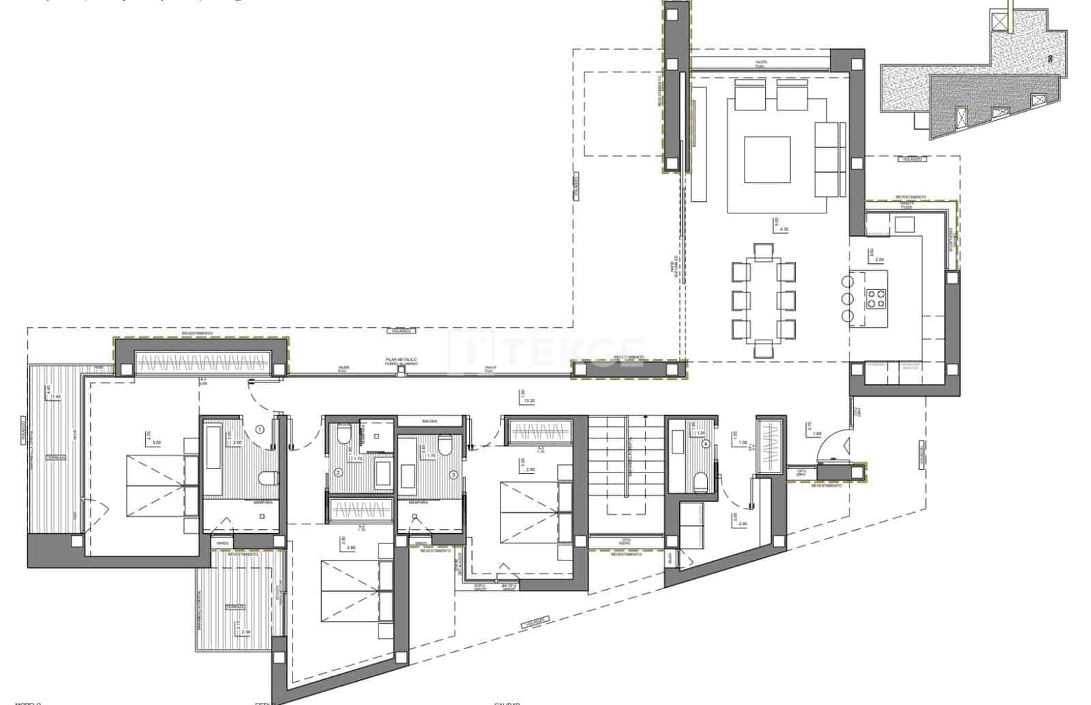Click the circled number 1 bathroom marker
coord(259,430)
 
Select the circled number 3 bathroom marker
coord(452,475)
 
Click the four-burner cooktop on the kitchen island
coord(876,297)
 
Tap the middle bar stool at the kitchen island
coord(848,298)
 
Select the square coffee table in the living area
coord(767,160)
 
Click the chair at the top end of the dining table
coord(763,250)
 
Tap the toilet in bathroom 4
coord(699,483)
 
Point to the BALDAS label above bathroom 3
coord(429,421)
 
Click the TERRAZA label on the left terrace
coord(55,457)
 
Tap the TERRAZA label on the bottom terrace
coord(237,606)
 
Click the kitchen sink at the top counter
coord(904,224)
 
